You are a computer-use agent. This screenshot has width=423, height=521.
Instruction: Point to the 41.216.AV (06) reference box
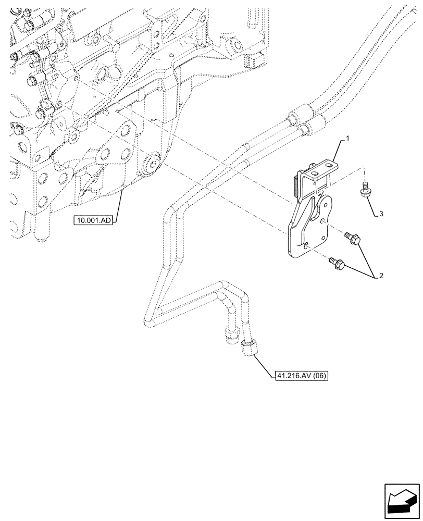pyautogui.click(x=300, y=375)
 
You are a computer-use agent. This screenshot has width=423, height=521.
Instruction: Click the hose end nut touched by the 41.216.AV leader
pyautogui.click(x=249, y=346)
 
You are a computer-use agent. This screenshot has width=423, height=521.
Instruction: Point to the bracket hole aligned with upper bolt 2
pyautogui.click(x=325, y=221)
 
